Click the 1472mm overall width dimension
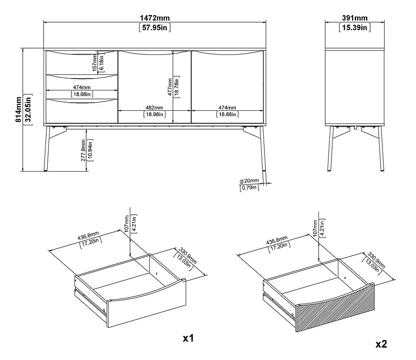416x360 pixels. [155, 18]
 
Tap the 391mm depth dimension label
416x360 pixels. [355, 18]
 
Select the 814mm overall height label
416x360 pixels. [18, 109]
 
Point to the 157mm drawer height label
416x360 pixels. [95, 63]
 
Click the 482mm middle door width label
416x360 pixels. [154, 108]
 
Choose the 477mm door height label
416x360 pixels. [170, 87]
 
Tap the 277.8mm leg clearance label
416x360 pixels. [83, 150]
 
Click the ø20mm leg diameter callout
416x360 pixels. [249, 181]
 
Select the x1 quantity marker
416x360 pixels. [188, 338]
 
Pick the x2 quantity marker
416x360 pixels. [381, 344]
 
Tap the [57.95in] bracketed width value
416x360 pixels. [155, 27]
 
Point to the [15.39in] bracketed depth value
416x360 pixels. [355, 27]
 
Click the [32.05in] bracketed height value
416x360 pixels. [28, 109]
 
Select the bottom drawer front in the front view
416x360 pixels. [82, 111]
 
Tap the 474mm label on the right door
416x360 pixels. [227, 108]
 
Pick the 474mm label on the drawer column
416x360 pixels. [82, 87]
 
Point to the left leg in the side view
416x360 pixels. [329, 148]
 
